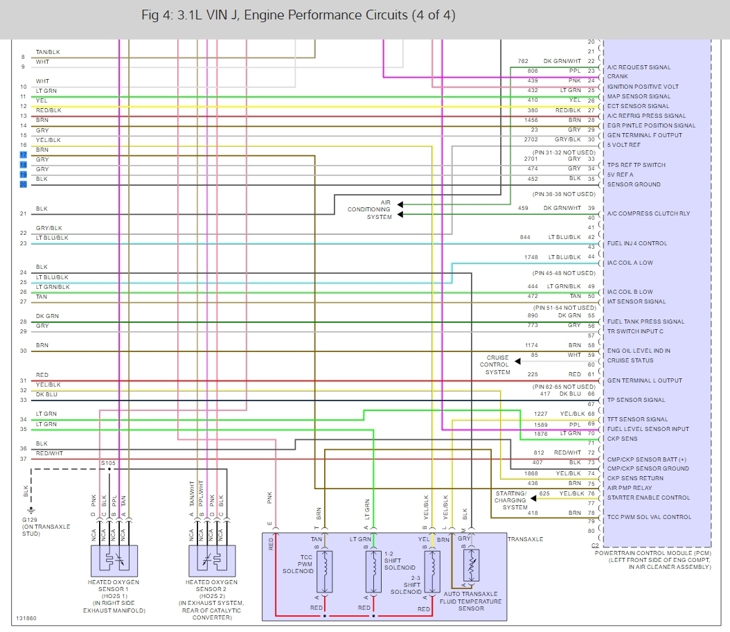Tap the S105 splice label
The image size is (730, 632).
coord(108,462)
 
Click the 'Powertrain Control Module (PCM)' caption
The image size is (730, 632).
coord(656,554)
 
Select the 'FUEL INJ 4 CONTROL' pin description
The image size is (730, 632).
coord(636,243)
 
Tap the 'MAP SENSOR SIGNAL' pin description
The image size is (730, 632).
coord(638,96)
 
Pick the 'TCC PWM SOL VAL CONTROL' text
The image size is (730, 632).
coord(648,517)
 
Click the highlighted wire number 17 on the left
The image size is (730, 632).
coord(23,155)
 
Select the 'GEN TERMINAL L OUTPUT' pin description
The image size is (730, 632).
coord(644,380)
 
